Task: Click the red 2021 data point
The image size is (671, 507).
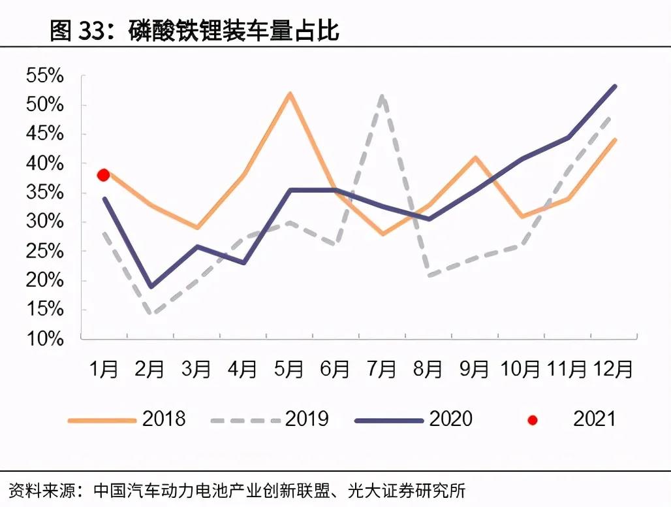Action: [x=103, y=174]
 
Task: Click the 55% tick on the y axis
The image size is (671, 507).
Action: [x=46, y=76]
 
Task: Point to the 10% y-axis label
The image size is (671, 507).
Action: [x=46, y=338]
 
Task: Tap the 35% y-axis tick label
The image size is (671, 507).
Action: [x=46, y=193]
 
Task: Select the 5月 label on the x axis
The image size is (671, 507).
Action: [x=289, y=370]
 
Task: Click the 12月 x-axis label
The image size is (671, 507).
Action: [x=613, y=370]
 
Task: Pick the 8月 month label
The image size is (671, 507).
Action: [x=428, y=370]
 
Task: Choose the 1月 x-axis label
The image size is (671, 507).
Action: [x=104, y=370]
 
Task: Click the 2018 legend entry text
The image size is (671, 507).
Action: [x=164, y=418]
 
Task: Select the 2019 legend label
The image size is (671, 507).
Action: [x=307, y=418]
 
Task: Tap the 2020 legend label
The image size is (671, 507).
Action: [x=450, y=418]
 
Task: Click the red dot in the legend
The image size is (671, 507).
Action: [x=532, y=419]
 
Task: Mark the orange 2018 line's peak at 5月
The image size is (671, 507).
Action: [x=289, y=93]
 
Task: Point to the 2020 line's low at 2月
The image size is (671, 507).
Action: [x=150, y=287]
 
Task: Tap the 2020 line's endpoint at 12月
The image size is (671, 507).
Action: [x=615, y=86]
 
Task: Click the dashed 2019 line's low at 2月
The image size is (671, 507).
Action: [x=151, y=314]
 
